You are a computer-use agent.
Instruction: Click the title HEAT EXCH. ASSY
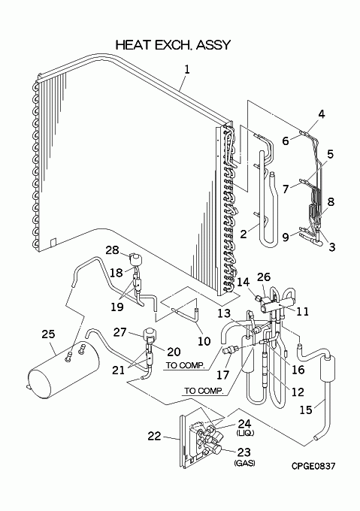click(173, 45)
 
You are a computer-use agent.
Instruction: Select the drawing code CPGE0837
click(313, 467)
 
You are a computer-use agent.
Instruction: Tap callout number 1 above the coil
click(186, 69)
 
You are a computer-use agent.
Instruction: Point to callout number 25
click(49, 334)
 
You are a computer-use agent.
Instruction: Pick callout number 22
click(154, 436)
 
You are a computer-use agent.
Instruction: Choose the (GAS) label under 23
click(244, 463)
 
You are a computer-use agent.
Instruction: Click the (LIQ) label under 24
click(245, 433)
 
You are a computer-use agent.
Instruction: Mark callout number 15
click(306, 410)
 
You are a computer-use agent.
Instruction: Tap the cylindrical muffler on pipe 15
click(328, 368)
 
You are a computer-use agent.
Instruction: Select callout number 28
click(112, 250)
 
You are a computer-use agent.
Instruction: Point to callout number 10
click(204, 341)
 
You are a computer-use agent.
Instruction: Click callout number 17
click(223, 375)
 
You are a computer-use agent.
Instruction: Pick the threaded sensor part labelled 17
click(230, 351)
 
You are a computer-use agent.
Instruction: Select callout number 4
click(322, 114)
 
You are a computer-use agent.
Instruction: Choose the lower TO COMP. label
click(204, 391)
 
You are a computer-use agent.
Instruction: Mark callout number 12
click(298, 392)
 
